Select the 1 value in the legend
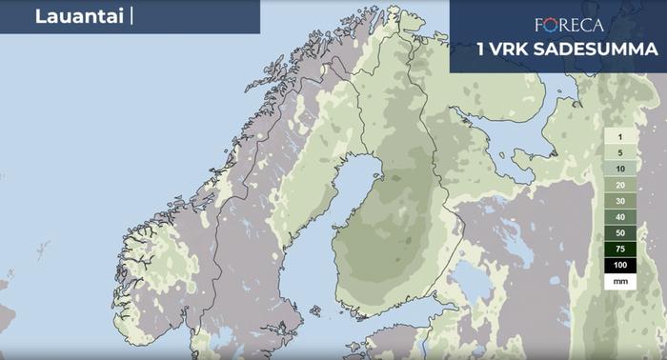(x=619, y=138)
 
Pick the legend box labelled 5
(x=619, y=153)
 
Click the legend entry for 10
(x=619, y=169)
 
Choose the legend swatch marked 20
(x=619, y=185)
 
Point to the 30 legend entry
(x=619, y=201)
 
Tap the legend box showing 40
(x=619, y=217)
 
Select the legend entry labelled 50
(x=619, y=232)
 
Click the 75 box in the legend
(x=619, y=249)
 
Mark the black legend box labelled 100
(x=619, y=265)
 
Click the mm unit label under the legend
(x=619, y=282)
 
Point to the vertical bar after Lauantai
(x=131, y=16)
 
